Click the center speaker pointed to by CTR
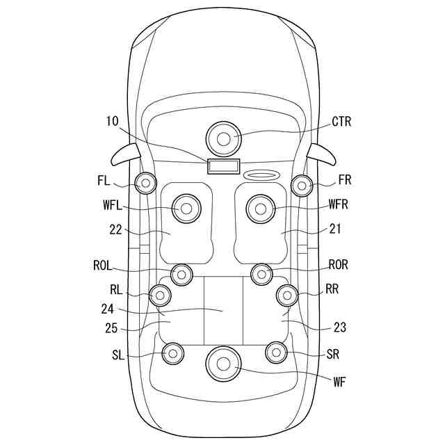(223, 139)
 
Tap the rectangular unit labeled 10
(224, 166)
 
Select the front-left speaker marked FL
(145, 184)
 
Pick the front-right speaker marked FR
(302, 186)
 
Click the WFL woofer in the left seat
(186, 209)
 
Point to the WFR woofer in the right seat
(260, 209)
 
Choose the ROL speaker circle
(181, 275)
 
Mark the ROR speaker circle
(261, 274)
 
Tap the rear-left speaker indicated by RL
(160, 296)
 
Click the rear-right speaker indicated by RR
(287, 296)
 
